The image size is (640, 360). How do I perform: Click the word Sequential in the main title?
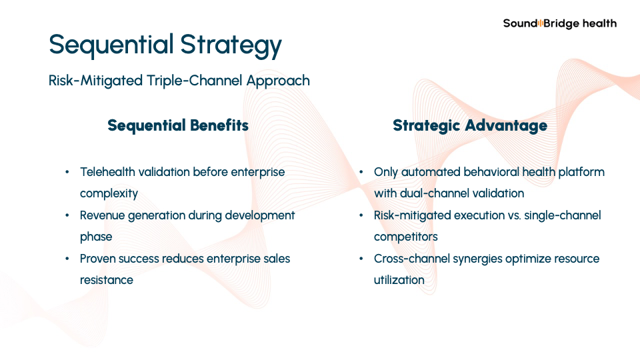111,45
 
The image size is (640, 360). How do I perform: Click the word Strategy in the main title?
231,45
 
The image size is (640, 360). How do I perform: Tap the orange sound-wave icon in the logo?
541,23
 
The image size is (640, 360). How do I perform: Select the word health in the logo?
599,23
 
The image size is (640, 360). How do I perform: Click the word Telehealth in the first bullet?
107,172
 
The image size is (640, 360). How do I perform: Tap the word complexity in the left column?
109,193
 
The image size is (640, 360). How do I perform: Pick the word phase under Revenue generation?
96,237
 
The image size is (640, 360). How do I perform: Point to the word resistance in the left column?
107,280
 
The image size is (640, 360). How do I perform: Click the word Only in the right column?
386,172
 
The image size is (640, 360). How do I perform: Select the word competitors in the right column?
406,237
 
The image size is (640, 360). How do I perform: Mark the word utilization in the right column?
399,280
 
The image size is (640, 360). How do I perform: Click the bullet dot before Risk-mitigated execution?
361,215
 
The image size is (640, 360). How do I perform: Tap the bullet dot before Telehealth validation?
67,172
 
